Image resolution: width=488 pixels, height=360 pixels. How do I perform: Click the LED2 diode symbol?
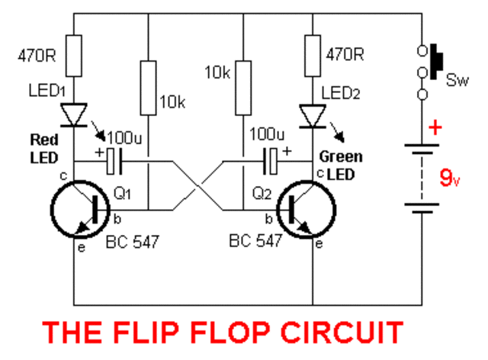click(x=313, y=115)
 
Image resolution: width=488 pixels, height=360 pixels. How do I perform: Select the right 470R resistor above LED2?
click(x=313, y=55)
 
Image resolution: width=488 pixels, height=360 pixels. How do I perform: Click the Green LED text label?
click(x=342, y=163)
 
